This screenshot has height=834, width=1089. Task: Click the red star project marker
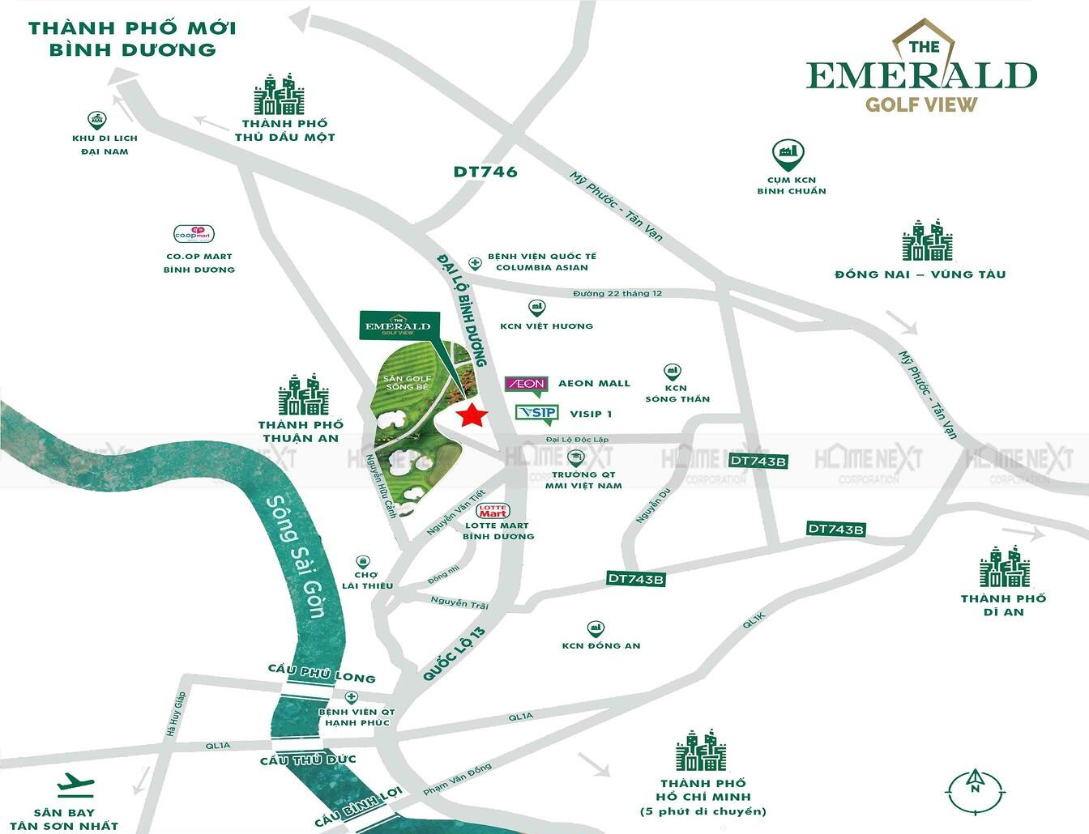tap(472, 417)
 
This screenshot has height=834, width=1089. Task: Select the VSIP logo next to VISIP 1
tap(536, 414)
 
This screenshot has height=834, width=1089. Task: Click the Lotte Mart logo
tap(493, 511)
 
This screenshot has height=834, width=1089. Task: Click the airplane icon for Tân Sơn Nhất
tap(76, 785)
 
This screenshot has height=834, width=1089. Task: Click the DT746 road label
tap(485, 172)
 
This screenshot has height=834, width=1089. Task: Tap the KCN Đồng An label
tap(601, 645)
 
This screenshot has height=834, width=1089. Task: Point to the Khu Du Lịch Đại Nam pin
tap(98, 120)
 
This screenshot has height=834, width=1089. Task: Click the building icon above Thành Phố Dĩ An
tap(1004, 566)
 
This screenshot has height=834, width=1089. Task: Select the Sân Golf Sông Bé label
tap(409, 383)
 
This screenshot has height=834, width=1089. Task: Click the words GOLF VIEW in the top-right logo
tap(921, 104)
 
